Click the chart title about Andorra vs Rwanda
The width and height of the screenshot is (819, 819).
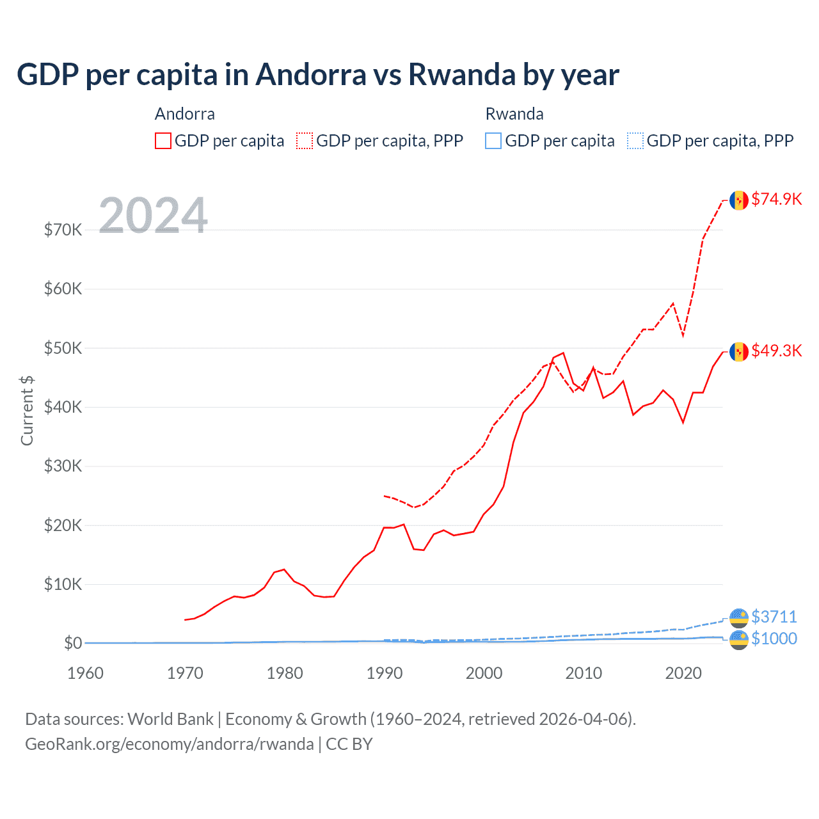click(x=317, y=75)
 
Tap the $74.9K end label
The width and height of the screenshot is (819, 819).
click(x=776, y=199)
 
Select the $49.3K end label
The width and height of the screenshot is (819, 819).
click(x=776, y=351)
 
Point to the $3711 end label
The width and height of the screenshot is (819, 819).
click(x=774, y=617)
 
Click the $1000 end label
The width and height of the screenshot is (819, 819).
click(x=774, y=639)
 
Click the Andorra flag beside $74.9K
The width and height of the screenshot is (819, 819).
click(x=739, y=200)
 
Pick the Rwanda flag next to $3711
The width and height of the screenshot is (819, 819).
click(x=739, y=618)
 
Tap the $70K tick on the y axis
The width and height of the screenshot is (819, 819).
click(x=63, y=230)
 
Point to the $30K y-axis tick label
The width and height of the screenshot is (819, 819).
click(x=63, y=466)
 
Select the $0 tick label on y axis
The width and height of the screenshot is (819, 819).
click(x=72, y=643)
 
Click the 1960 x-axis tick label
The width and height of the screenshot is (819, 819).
click(x=85, y=673)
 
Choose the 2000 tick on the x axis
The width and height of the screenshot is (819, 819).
click(x=484, y=673)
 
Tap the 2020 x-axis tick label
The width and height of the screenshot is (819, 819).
click(x=683, y=673)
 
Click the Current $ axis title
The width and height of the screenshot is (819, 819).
click(x=27, y=411)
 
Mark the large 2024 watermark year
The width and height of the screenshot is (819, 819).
click(x=153, y=216)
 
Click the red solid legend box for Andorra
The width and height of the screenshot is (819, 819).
click(x=163, y=141)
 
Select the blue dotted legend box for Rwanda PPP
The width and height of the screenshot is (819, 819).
click(x=635, y=141)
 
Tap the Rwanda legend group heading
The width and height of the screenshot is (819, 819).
click(x=514, y=114)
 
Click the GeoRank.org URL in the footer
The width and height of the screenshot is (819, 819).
click(x=169, y=744)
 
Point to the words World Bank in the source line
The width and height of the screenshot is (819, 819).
click(x=170, y=719)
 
